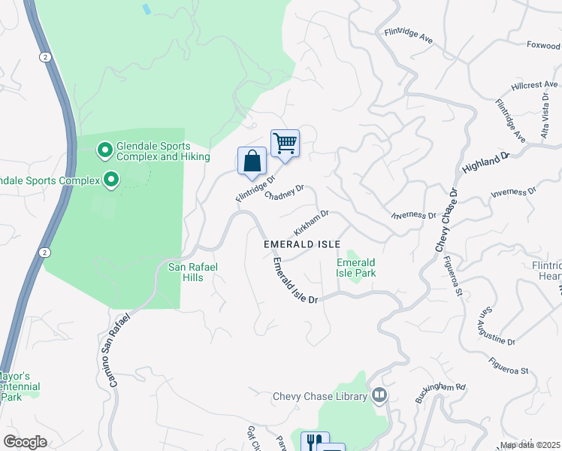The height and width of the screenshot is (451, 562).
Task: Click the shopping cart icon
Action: [x=285, y=142]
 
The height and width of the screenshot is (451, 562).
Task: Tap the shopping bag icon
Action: [x=252, y=160]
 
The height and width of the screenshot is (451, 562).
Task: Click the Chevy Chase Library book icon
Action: [x=380, y=395]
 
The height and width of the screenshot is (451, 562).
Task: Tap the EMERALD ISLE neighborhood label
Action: [x=302, y=245]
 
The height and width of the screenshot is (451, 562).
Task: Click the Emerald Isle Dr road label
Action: [x=295, y=281]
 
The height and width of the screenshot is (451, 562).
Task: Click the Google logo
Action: [x=26, y=441]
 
